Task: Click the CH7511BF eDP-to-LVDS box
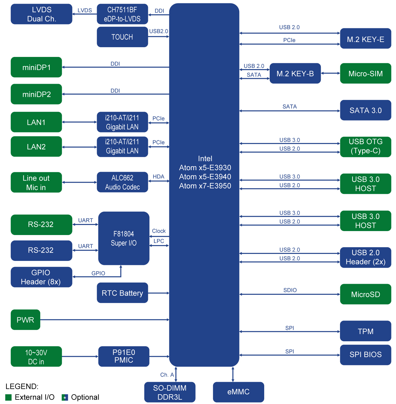pyautogui.click(x=122, y=14)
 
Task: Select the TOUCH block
pyautogui.click(x=122, y=37)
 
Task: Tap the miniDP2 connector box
pyautogui.click(x=36, y=94)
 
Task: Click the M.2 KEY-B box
pyautogui.click(x=295, y=73)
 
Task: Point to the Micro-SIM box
pyautogui.click(x=365, y=73)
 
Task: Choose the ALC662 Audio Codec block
pyautogui.click(x=122, y=182)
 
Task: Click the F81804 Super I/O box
pyautogui.click(x=124, y=238)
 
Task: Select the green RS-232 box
pyautogui.click(x=41, y=225)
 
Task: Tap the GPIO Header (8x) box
pyautogui.click(x=41, y=277)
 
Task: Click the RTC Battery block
pyautogui.click(x=122, y=293)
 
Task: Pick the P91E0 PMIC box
pyautogui.click(x=124, y=356)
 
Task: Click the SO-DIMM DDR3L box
pyautogui.click(x=170, y=392)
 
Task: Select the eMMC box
pyautogui.click(x=238, y=392)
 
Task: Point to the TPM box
pyautogui.click(x=365, y=331)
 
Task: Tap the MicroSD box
pyautogui.click(x=365, y=294)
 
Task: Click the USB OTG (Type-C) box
pyautogui.click(x=365, y=146)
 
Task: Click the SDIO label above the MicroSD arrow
pyautogui.click(x=290, y=290)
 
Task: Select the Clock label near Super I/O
pyautogui.click(x=159, y=231)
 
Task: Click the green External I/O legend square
pyautogui.click(x=9, y=397)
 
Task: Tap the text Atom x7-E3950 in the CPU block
pyautogui.click(x=205, y=186)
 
